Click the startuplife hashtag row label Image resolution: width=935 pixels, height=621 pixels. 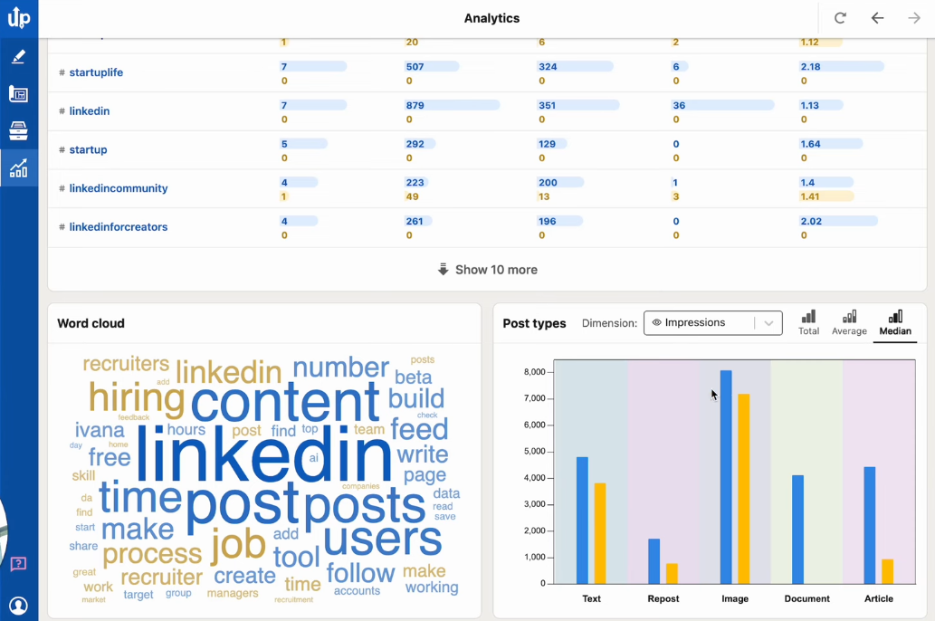[x=96, y=72]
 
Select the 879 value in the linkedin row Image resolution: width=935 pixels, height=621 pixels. [x=415, y=106]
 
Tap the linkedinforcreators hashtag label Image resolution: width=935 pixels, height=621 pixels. [x=118, y=227]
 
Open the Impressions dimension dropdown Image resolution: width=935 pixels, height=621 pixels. [x=712, y=323]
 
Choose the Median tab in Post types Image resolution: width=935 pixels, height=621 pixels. [x=895, y=323]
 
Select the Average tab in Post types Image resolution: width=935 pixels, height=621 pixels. [x=849, y=323]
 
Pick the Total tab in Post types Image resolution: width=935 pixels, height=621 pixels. [x=808, y=323]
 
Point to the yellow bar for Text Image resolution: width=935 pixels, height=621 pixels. [x=600, y=533]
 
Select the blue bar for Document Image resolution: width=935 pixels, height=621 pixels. [x=797, y=530]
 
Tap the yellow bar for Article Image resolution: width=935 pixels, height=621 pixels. [x=888, y=571]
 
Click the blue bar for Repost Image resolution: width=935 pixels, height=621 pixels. [x=654, y=561]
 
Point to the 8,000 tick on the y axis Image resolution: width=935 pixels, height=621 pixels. [x=534, y=372]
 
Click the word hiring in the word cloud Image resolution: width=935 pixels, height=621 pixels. [x=136, y=398]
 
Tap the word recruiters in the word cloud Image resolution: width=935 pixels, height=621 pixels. [x=126, y=364]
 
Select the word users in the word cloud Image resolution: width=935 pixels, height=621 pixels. [x=382, y=540]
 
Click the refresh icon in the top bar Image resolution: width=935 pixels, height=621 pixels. [x=840, y=18]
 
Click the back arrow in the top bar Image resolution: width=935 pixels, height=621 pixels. [x=877, y=18]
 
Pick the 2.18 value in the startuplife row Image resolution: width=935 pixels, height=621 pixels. [x=810, y=67]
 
